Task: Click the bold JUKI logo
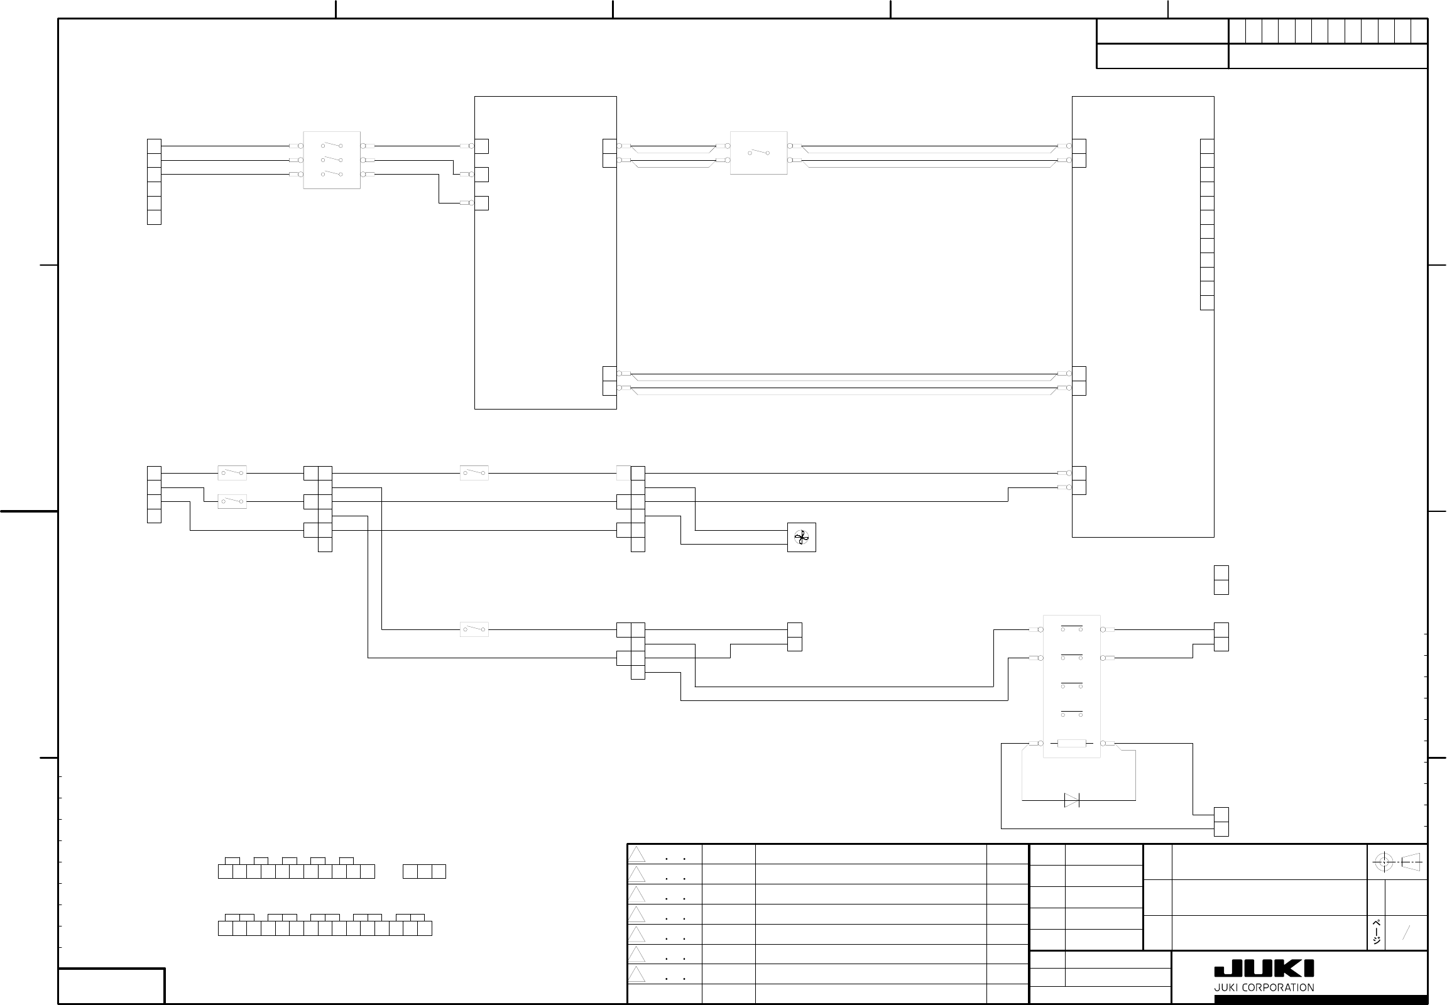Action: coord(1264,969)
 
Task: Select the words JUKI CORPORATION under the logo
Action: coord(1264,987)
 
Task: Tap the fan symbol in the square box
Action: coord(801,537)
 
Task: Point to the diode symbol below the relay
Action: coord(1071,800)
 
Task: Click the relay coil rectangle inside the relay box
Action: coord(1071,744)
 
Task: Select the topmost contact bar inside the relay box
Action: coord(1071,627)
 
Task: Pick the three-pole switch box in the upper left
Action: coord(331,160)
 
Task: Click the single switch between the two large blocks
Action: coord(758,153)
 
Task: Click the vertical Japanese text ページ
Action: coord(1377,932)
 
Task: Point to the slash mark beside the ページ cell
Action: coord(1406,933)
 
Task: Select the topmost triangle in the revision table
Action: coord(637,854)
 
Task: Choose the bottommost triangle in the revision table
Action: coord(637,974)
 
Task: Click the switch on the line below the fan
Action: coord(474,629)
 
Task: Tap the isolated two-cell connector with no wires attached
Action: coord(1221,580)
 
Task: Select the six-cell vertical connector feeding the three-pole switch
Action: coord(154,182)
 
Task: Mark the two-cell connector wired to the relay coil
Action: coord(1221,822)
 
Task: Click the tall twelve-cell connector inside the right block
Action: coord(1207,224)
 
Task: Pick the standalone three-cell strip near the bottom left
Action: coord(424,871)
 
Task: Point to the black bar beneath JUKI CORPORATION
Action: coord(1320,1000)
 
